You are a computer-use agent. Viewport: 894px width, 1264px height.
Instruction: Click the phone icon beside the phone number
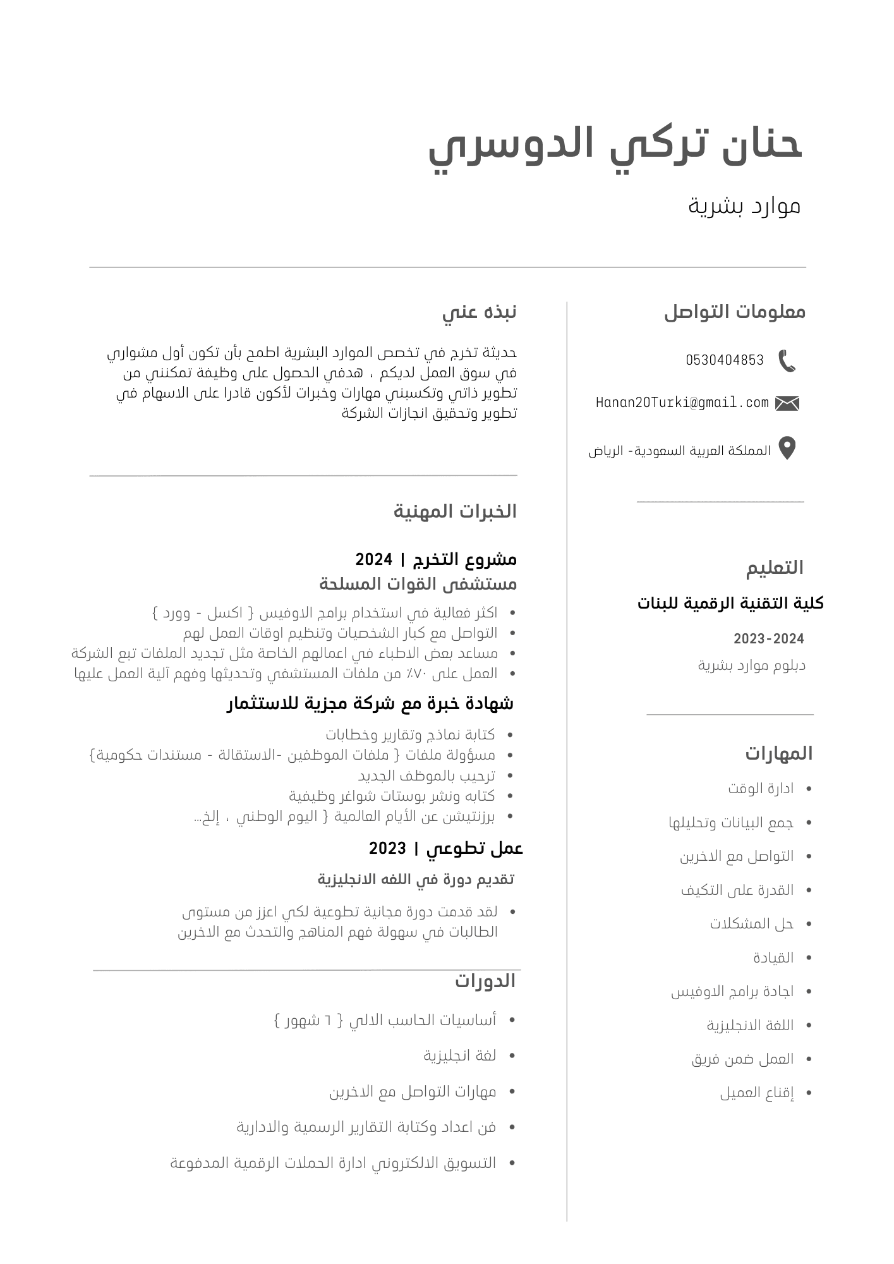tap(787, 361)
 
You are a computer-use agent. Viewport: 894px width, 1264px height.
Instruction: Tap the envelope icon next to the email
tap(787, 403)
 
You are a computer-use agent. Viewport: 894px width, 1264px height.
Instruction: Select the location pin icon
tap(787, 448)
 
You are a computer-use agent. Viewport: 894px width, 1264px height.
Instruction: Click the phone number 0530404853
tap(725, 360)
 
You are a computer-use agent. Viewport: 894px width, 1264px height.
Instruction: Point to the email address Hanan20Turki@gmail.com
tap(682, 403)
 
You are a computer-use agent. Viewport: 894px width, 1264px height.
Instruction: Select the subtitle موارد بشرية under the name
tap(744, 205)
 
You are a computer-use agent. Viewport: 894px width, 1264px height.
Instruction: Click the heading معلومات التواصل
tap(735, 312)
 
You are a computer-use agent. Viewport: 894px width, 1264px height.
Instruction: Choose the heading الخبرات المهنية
tap(455, 511)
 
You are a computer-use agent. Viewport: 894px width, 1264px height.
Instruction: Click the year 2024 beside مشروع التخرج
tap(373, 559)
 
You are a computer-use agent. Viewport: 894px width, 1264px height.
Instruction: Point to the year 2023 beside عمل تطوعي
tap(387, 848)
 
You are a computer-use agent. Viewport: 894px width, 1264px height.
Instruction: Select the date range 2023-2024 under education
tap(768, 639)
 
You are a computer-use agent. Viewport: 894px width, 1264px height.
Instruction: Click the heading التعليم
tap(775, 568)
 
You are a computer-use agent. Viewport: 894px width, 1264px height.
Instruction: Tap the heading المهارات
tap(778, 753)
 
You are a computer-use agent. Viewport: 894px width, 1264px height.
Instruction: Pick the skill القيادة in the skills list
tap(773, 957)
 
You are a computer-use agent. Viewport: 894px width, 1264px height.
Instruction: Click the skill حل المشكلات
tap(751, 923)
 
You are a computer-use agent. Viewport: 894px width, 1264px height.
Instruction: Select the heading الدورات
tap(485, 981)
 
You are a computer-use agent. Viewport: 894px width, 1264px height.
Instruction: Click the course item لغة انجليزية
tap(459, 1055)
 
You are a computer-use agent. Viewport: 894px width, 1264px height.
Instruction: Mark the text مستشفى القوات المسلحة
tap(418, 584)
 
